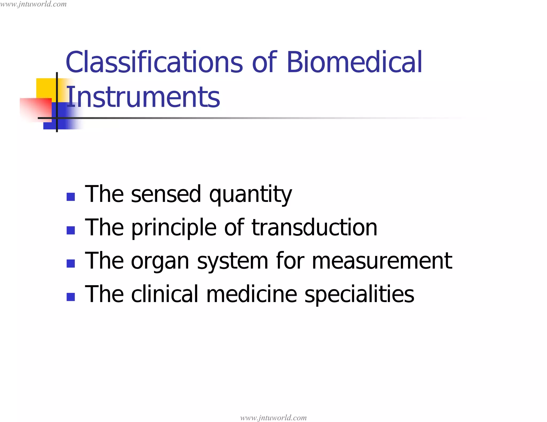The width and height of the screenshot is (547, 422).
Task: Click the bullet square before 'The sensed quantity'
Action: point(71,197)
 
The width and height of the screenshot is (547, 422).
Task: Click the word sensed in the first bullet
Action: point(166,194)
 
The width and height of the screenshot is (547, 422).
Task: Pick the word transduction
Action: point(314,228)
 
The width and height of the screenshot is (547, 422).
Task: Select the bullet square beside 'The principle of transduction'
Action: point(71,230)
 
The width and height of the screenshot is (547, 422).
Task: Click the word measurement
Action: point(382,261)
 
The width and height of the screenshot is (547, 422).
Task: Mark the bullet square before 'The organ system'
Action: point(71,264)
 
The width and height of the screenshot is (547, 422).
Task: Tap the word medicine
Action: point(252,294)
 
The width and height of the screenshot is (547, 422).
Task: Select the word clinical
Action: point(165,294)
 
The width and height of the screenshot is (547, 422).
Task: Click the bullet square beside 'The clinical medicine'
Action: point(71,297)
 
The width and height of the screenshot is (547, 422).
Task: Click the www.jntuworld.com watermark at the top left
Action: point(33,4)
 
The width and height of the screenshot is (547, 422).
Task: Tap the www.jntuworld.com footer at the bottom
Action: point(273,418)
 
